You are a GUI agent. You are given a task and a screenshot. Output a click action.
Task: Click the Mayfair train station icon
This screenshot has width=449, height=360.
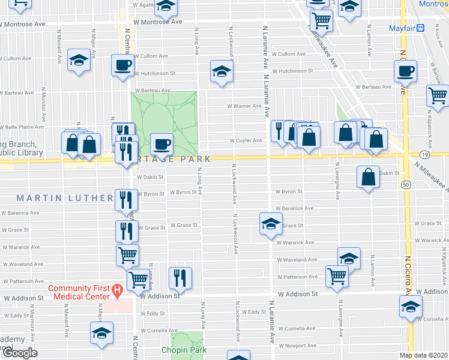[x=421, y=28]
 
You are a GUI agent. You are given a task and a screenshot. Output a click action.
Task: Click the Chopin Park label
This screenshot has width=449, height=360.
[x=183, y=350]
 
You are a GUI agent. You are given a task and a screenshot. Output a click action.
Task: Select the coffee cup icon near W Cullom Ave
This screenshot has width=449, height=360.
[x=122, y=65]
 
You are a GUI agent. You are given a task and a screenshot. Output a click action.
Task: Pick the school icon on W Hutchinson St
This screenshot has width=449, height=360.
[x=221, y=72]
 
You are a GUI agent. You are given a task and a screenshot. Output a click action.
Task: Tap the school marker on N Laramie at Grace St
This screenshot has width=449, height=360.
[x=271, y=224]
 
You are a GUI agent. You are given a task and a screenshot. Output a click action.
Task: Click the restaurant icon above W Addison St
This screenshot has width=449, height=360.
[x=180, y=277]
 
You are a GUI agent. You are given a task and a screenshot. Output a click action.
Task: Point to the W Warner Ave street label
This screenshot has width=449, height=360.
[x=244, y=106]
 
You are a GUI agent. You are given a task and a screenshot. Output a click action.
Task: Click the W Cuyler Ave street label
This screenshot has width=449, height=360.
[x=247, y=141]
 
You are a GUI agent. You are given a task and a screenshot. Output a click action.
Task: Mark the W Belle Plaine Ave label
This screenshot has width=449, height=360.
[x=22, y=127]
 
